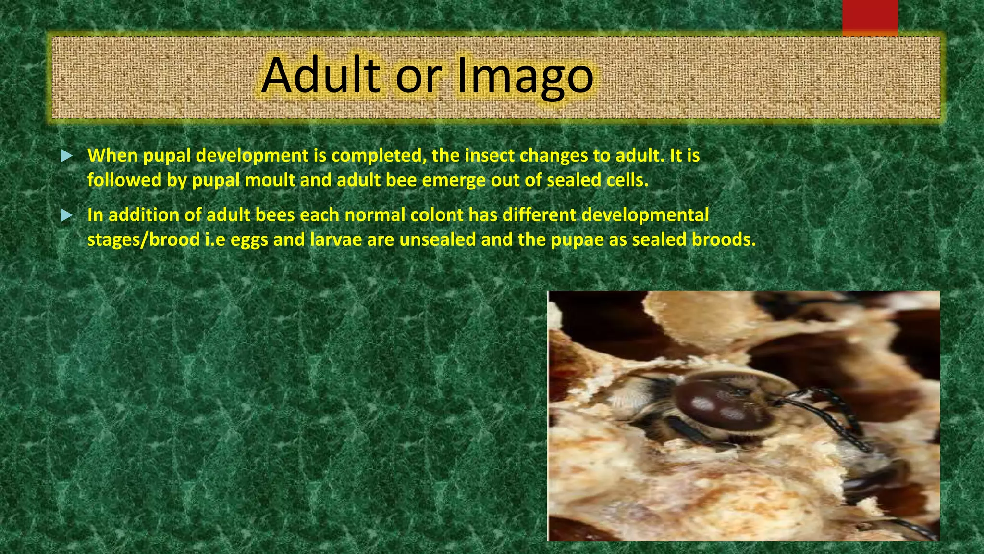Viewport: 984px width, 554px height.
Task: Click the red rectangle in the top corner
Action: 870,17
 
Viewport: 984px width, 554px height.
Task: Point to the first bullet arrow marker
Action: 67,156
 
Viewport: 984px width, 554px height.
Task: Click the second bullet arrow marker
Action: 67,215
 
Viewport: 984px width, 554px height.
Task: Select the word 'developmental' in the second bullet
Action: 645,215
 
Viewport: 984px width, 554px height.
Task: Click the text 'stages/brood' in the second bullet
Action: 143,239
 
